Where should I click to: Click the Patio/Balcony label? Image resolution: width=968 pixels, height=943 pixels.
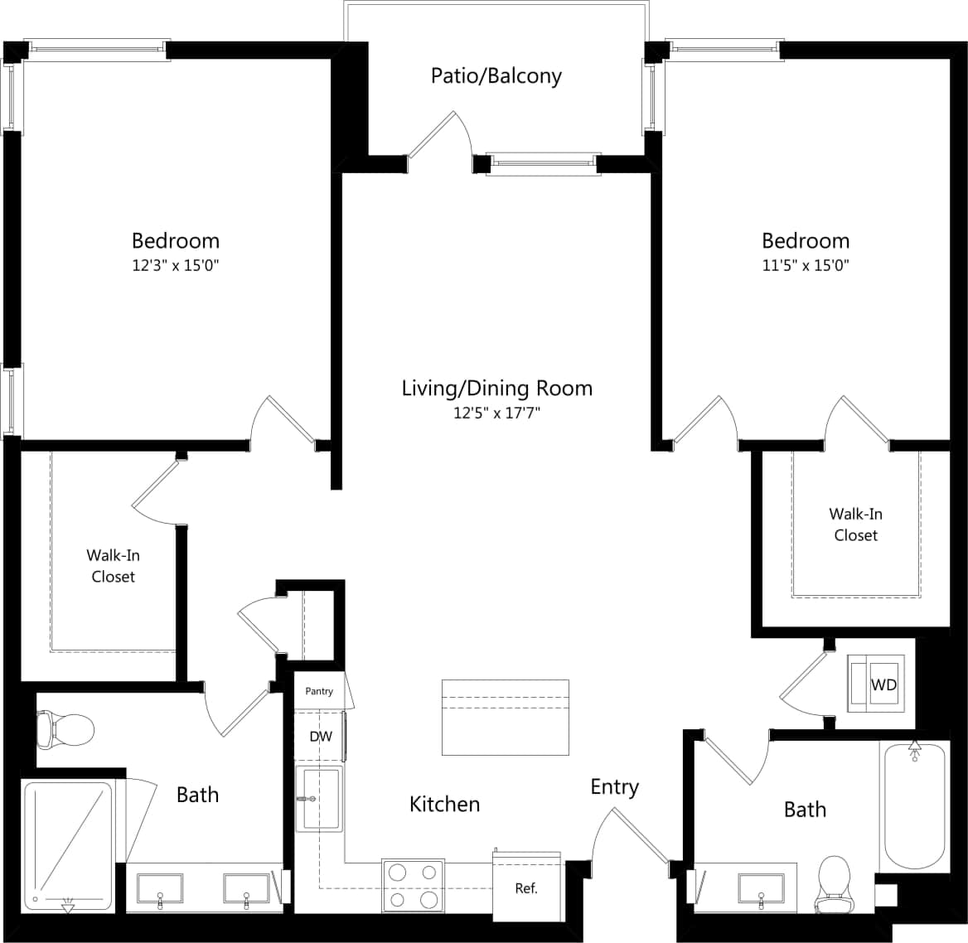coord(496,76)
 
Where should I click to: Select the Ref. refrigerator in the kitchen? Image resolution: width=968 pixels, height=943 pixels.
coord(526,888)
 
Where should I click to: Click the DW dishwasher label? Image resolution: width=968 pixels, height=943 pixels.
coord(320,736)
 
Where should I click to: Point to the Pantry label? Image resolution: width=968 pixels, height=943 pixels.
coord(319,691)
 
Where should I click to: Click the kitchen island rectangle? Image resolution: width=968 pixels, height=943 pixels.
coord(505,717)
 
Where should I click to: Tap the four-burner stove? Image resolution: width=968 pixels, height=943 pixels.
coord(410,886)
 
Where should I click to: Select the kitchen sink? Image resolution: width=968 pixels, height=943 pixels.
coord(320,798)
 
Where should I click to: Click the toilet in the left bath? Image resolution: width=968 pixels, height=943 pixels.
coord(66,730)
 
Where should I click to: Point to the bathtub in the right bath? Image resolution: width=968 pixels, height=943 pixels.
coord(914,804)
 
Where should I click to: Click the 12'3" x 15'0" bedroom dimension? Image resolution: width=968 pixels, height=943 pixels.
coord(176,266)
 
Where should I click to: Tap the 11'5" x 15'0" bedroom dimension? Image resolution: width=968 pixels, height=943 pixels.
coord(805,266)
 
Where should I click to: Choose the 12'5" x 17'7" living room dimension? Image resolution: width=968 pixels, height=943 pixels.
coord(496,413)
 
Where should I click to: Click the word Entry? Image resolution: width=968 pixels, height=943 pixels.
coord(614,786)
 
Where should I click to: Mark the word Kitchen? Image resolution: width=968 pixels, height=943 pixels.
coord(444,804)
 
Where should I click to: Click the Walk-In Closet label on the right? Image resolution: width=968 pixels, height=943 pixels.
coord(855,525)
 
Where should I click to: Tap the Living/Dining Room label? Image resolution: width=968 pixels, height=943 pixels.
coord(496,388)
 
